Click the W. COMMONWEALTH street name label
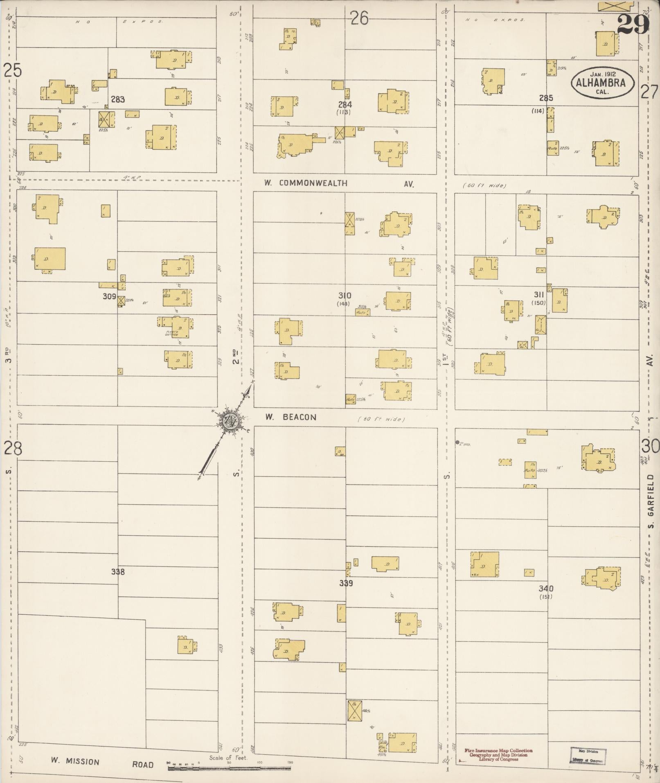tap(306, 183)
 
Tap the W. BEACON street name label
tap(291, 417)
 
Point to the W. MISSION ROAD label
tap(102, 763)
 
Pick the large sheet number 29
tap(633, 25)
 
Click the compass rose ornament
tap(230, 421)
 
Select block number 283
tap(118, 99)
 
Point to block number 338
tap(118, 572)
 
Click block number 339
tap(346, 583)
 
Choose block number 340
tap(546, 589)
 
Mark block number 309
tap(109, 296)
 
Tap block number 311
tap(538, 295)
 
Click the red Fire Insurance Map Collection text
tap(498, 751)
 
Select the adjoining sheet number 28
tap(13, 449)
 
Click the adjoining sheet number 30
tap(650, 446)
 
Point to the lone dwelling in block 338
tap(186, 647)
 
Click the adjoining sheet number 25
tap(13, 71)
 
